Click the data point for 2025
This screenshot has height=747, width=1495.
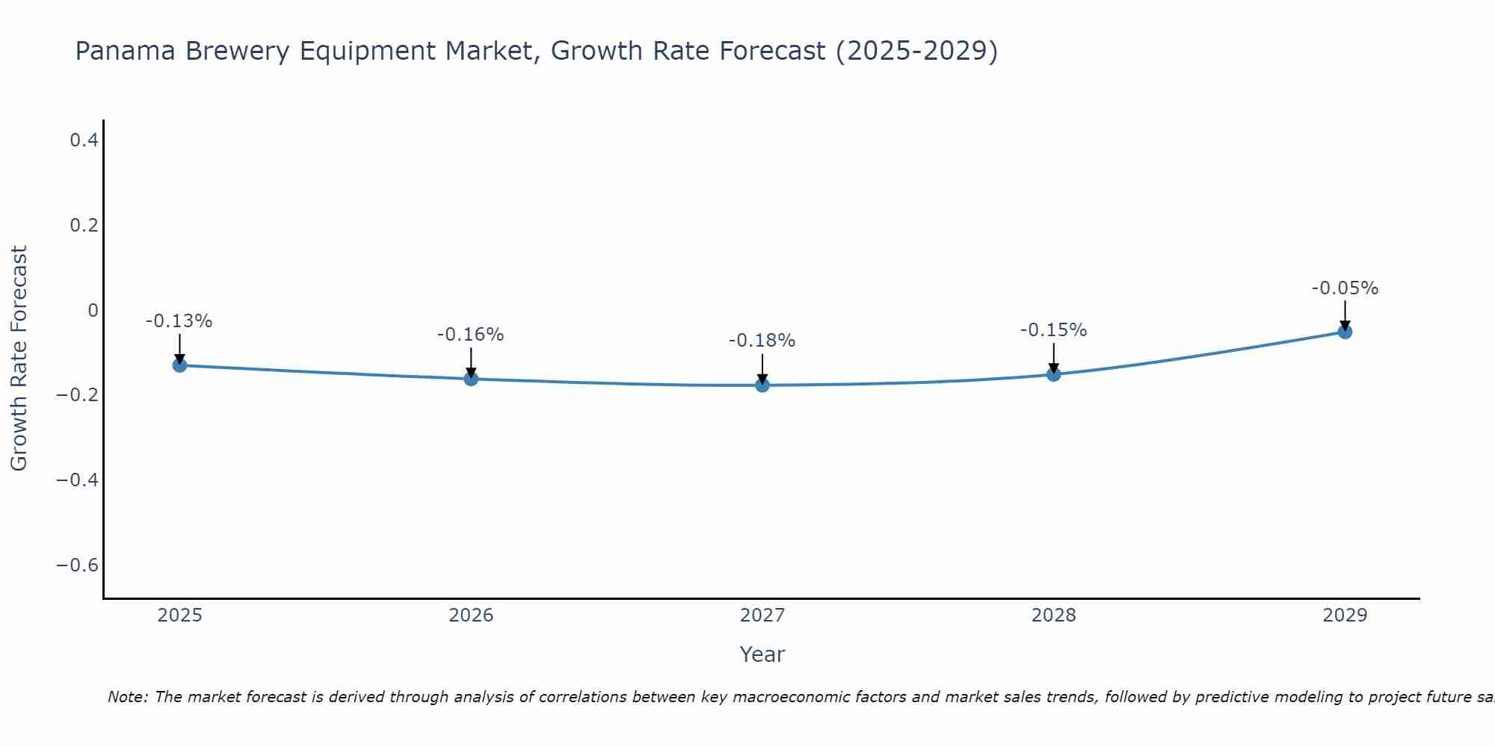(x=179, y=365)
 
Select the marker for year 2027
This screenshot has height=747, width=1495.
(x=762, y=385)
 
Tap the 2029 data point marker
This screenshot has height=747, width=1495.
(x=1345, y=332)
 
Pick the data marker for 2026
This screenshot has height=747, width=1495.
(x=471, y=379)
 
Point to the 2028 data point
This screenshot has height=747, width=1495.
(x=1053, y=374)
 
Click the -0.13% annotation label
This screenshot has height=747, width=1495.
(x=179, y=321)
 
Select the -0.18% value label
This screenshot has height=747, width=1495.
(x=762, y=341)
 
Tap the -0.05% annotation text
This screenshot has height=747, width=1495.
(x=1345, y=288)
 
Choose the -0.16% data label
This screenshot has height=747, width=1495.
(x=470, y=335)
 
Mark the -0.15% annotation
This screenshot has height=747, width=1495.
(x=1053, y=330)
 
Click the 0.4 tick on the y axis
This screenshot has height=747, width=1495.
(x=84, y=140)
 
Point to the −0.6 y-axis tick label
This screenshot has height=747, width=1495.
(x=77, y=565)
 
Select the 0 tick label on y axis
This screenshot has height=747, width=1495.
(x=93, y=310)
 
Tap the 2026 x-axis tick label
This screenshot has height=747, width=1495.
(x=471, y=616)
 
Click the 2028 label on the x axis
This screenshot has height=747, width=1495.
(x=1053, y=616)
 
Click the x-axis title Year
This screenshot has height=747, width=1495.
(x=762, y=654)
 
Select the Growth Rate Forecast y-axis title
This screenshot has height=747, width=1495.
(x=19, y=359)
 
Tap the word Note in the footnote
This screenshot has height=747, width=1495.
(x=127, y=697)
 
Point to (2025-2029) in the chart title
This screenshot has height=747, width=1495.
(x=916, y=52)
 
